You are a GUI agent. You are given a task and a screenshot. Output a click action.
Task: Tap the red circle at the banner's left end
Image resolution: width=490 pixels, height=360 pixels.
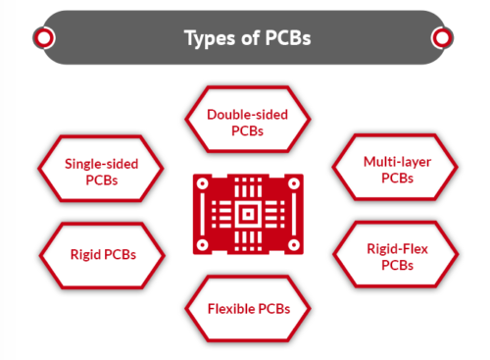click(43, 38)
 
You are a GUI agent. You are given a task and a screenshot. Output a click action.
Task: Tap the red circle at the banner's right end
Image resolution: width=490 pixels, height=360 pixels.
click(442, 38)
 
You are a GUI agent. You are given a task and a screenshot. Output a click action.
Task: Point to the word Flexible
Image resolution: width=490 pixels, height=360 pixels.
click(231, 311)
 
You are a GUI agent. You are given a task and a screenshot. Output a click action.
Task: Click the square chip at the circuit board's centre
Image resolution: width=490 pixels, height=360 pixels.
click(247, 213)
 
